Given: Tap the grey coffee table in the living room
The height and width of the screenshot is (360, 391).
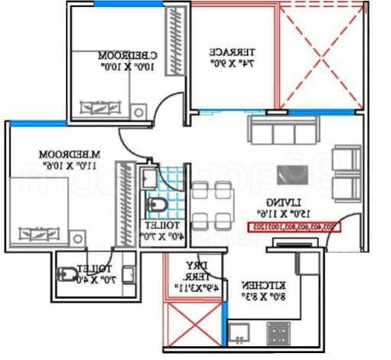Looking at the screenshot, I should tap(291, 175).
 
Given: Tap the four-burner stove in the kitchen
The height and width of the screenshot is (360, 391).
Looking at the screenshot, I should tap(278, 332).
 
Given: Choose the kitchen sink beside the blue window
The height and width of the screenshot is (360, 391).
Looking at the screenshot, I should tap(239, 333).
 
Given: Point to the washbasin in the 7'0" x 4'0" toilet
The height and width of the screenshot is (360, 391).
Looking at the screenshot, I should tap(129, 273).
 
